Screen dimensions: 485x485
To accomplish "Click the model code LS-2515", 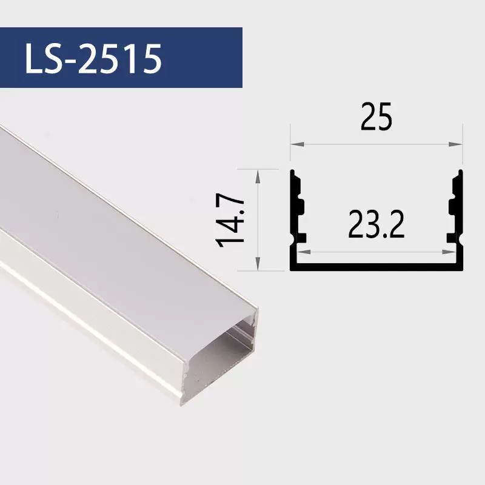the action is (93, 58).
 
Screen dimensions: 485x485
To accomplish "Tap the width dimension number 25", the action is (376, 116).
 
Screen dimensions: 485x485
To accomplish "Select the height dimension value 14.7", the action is (230, 220).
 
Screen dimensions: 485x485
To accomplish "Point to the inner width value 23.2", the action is (376, 224).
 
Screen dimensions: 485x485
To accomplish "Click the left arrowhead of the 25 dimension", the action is (297, 144).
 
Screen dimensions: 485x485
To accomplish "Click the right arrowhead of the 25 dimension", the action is (456, 144).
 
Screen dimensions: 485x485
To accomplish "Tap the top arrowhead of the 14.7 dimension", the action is (258, 176).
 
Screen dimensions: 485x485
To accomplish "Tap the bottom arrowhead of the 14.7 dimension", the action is (258, 264).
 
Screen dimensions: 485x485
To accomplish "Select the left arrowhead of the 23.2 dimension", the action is (304, 252).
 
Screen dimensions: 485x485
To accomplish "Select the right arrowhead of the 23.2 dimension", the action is (449, 252).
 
